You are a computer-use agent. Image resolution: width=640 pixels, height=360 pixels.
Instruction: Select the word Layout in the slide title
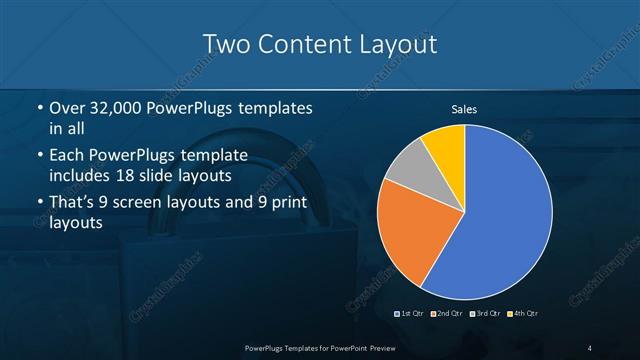(395, 45)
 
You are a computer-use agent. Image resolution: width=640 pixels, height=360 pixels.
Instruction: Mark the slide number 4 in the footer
(590, 347)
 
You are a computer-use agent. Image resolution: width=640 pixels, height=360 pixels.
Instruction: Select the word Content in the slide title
(299, 45)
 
